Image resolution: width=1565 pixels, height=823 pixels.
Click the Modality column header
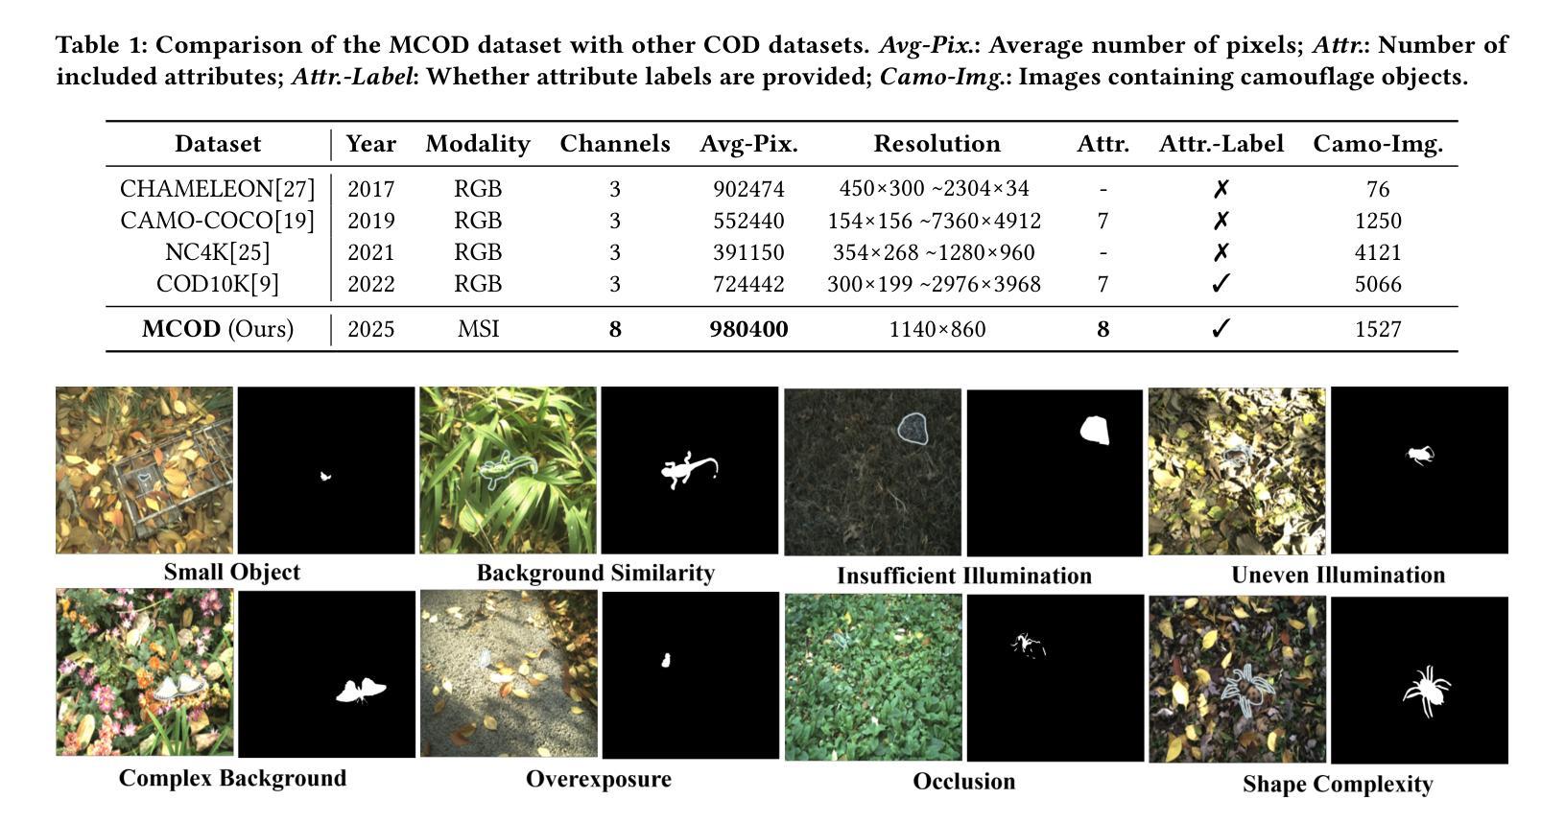(478, 144)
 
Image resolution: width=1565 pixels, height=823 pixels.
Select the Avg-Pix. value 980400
(748, 329)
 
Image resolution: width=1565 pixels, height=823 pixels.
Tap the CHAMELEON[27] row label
(217, 189)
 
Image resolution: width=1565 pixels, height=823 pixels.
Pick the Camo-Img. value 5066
(1378, 284)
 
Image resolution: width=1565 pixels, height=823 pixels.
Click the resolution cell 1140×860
(937, 329)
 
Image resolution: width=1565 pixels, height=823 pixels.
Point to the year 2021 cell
(370, 252)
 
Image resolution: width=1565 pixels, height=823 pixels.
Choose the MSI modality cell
(478, 329)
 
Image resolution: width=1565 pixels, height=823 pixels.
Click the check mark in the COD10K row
(1221, 284)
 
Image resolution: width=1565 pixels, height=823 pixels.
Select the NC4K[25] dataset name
(217, 252)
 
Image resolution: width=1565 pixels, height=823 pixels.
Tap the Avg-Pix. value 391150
(748, 252)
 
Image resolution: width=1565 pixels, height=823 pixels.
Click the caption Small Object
(232, 573)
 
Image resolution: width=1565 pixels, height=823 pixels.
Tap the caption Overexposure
(599, 779)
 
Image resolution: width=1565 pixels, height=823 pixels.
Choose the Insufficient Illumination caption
(964, 576)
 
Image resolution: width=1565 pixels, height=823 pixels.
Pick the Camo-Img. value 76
(1378, 189)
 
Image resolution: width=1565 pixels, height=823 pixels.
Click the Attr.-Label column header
(1221, 144)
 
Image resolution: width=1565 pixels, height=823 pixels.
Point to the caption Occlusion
(964, 782)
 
